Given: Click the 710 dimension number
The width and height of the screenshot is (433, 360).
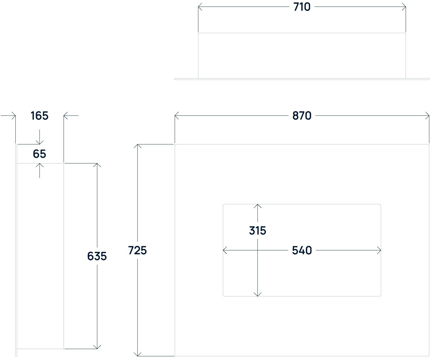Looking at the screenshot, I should tap(302, 7).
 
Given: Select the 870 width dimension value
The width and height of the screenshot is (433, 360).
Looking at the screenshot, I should tap(302, 116).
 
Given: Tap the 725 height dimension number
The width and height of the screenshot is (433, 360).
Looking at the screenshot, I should tap(137, 250).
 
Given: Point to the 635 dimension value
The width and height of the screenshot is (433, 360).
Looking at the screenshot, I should tap(97, 256).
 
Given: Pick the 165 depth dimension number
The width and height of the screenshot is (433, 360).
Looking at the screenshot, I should tap(39, 116).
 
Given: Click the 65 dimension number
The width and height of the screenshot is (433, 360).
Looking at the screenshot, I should tap(39, 154).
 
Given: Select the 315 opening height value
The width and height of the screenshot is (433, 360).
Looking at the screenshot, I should tap(258, 231).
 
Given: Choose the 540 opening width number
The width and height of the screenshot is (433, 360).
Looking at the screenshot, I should tap(302, 250).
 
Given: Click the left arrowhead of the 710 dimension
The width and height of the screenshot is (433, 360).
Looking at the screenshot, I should tap(200, 7).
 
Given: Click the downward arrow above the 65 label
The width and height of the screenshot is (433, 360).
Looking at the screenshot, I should tap(39, 142).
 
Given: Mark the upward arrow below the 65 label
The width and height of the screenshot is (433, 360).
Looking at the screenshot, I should tap(39, 165).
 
